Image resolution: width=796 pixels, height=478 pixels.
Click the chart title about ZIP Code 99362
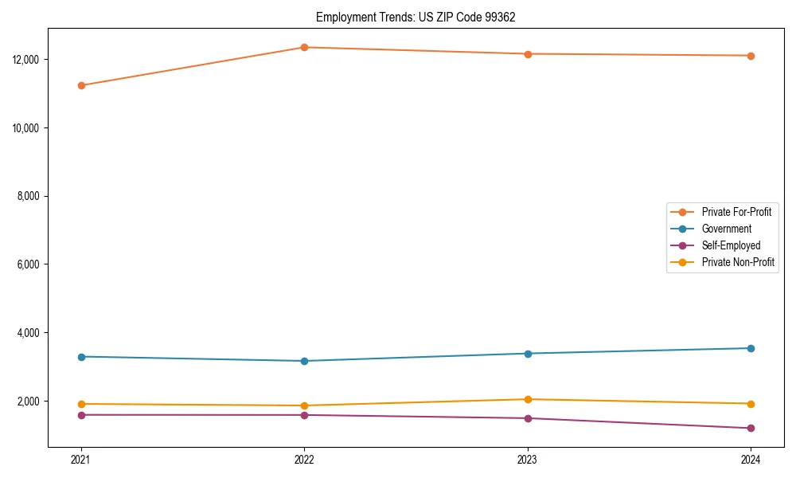[416, 17]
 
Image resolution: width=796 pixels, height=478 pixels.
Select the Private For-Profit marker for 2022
[304, 47]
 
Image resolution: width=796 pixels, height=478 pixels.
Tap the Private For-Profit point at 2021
[81, 85]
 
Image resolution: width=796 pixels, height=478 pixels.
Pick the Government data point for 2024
[751, 348]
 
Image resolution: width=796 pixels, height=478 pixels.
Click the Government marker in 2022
[304, 361]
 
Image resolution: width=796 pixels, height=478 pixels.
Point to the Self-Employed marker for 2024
[751, 428]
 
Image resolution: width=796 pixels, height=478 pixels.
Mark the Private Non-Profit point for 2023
[528, 399]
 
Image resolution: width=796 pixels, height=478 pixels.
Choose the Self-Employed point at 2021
[81, 414]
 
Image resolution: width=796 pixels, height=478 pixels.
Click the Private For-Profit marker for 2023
[528, 54]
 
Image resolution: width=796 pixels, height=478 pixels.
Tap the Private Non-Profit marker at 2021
[81, 404]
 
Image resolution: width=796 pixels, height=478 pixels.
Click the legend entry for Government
[726, 229]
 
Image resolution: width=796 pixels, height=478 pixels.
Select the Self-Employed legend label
[731, 245]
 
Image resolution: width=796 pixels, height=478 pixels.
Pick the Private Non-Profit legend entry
[738, 262]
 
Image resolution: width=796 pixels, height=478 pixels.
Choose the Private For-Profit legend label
[736, 212]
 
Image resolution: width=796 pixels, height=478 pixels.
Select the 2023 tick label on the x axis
[528, 459]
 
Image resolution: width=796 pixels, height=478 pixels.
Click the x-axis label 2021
[81, 459]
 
